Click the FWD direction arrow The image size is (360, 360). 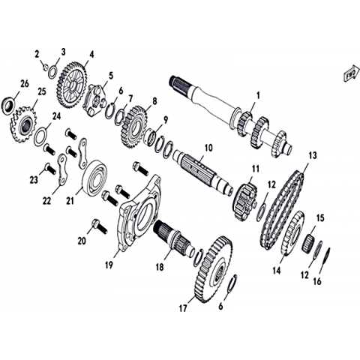tap(350, 73)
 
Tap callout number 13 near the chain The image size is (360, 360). tap(313, 155)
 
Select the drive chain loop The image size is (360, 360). tap(283, 210)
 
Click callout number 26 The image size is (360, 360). tap(25, 84)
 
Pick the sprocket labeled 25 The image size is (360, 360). tap(23, 124)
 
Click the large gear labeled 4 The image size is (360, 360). tap(73, 85)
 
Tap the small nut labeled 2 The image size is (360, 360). tap(45, 67)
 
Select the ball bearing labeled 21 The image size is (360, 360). tap(95, 178)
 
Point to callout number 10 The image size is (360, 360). tap(208, 148)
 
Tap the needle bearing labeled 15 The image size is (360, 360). tap(310, 242)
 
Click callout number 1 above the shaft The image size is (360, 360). tap(258, 96)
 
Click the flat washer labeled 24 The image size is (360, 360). tap(40, 136)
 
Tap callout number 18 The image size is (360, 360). tap(160, 267)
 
